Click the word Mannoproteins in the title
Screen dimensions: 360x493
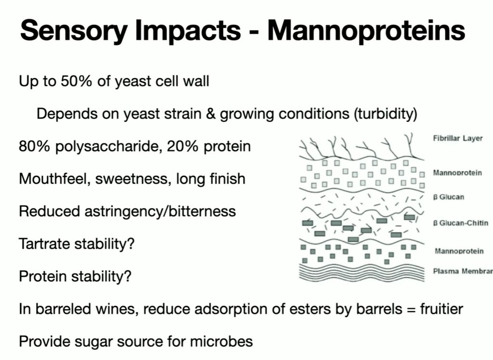tap(366, 30)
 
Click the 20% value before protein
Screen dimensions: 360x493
tap(181, 146)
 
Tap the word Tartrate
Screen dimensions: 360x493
tap(42, 244)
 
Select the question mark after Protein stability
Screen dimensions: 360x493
tap(129, 277)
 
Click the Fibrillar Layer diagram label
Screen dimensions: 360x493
tap(457, 139)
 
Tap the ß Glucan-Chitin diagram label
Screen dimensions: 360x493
tap(458, 223)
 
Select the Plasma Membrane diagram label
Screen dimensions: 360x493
tap(463, 271)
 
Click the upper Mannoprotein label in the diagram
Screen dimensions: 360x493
tap(457, 173)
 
